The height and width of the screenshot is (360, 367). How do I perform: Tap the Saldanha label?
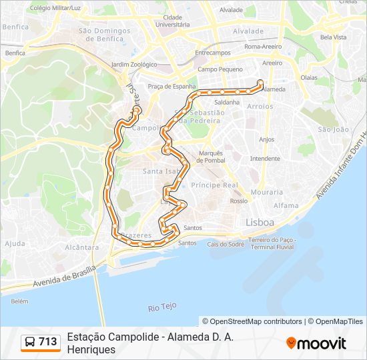coord(227,102)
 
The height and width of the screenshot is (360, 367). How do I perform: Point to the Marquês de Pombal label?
coord(211,157)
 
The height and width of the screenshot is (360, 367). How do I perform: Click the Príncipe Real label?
coord(214,185)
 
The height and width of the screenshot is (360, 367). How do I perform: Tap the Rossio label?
coord(239,201)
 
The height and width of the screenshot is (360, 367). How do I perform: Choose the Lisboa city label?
coord(260,222)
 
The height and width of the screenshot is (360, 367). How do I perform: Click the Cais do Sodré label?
coord(226,244)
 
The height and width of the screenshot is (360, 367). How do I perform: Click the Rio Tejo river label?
coord(162,307)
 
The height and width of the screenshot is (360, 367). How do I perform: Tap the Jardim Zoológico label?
coord(133,65)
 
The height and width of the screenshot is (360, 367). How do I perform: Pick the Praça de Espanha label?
coord(172,86)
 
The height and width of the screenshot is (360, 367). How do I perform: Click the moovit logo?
coord(316,343)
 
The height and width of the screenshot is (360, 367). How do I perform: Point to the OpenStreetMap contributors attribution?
coord(252,321)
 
